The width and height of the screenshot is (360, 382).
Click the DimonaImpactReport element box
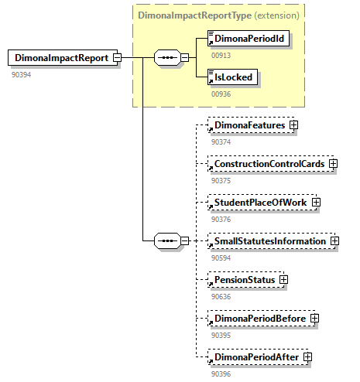(60, 57)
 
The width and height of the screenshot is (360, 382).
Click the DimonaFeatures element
(249, 124)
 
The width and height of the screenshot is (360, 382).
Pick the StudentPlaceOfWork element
(259, 203)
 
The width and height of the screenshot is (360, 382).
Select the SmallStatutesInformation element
(269, 241)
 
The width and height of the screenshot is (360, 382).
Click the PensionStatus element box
(244, 279)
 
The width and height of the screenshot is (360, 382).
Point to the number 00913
(221, 56)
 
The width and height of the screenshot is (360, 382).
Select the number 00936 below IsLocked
(221, 94)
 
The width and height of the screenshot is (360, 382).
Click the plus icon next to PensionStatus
(284, 279)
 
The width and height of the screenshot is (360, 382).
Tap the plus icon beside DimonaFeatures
(294, 124)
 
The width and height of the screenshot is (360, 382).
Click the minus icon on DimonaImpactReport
(117, 57)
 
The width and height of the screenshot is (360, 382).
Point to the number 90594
(221, 258)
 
